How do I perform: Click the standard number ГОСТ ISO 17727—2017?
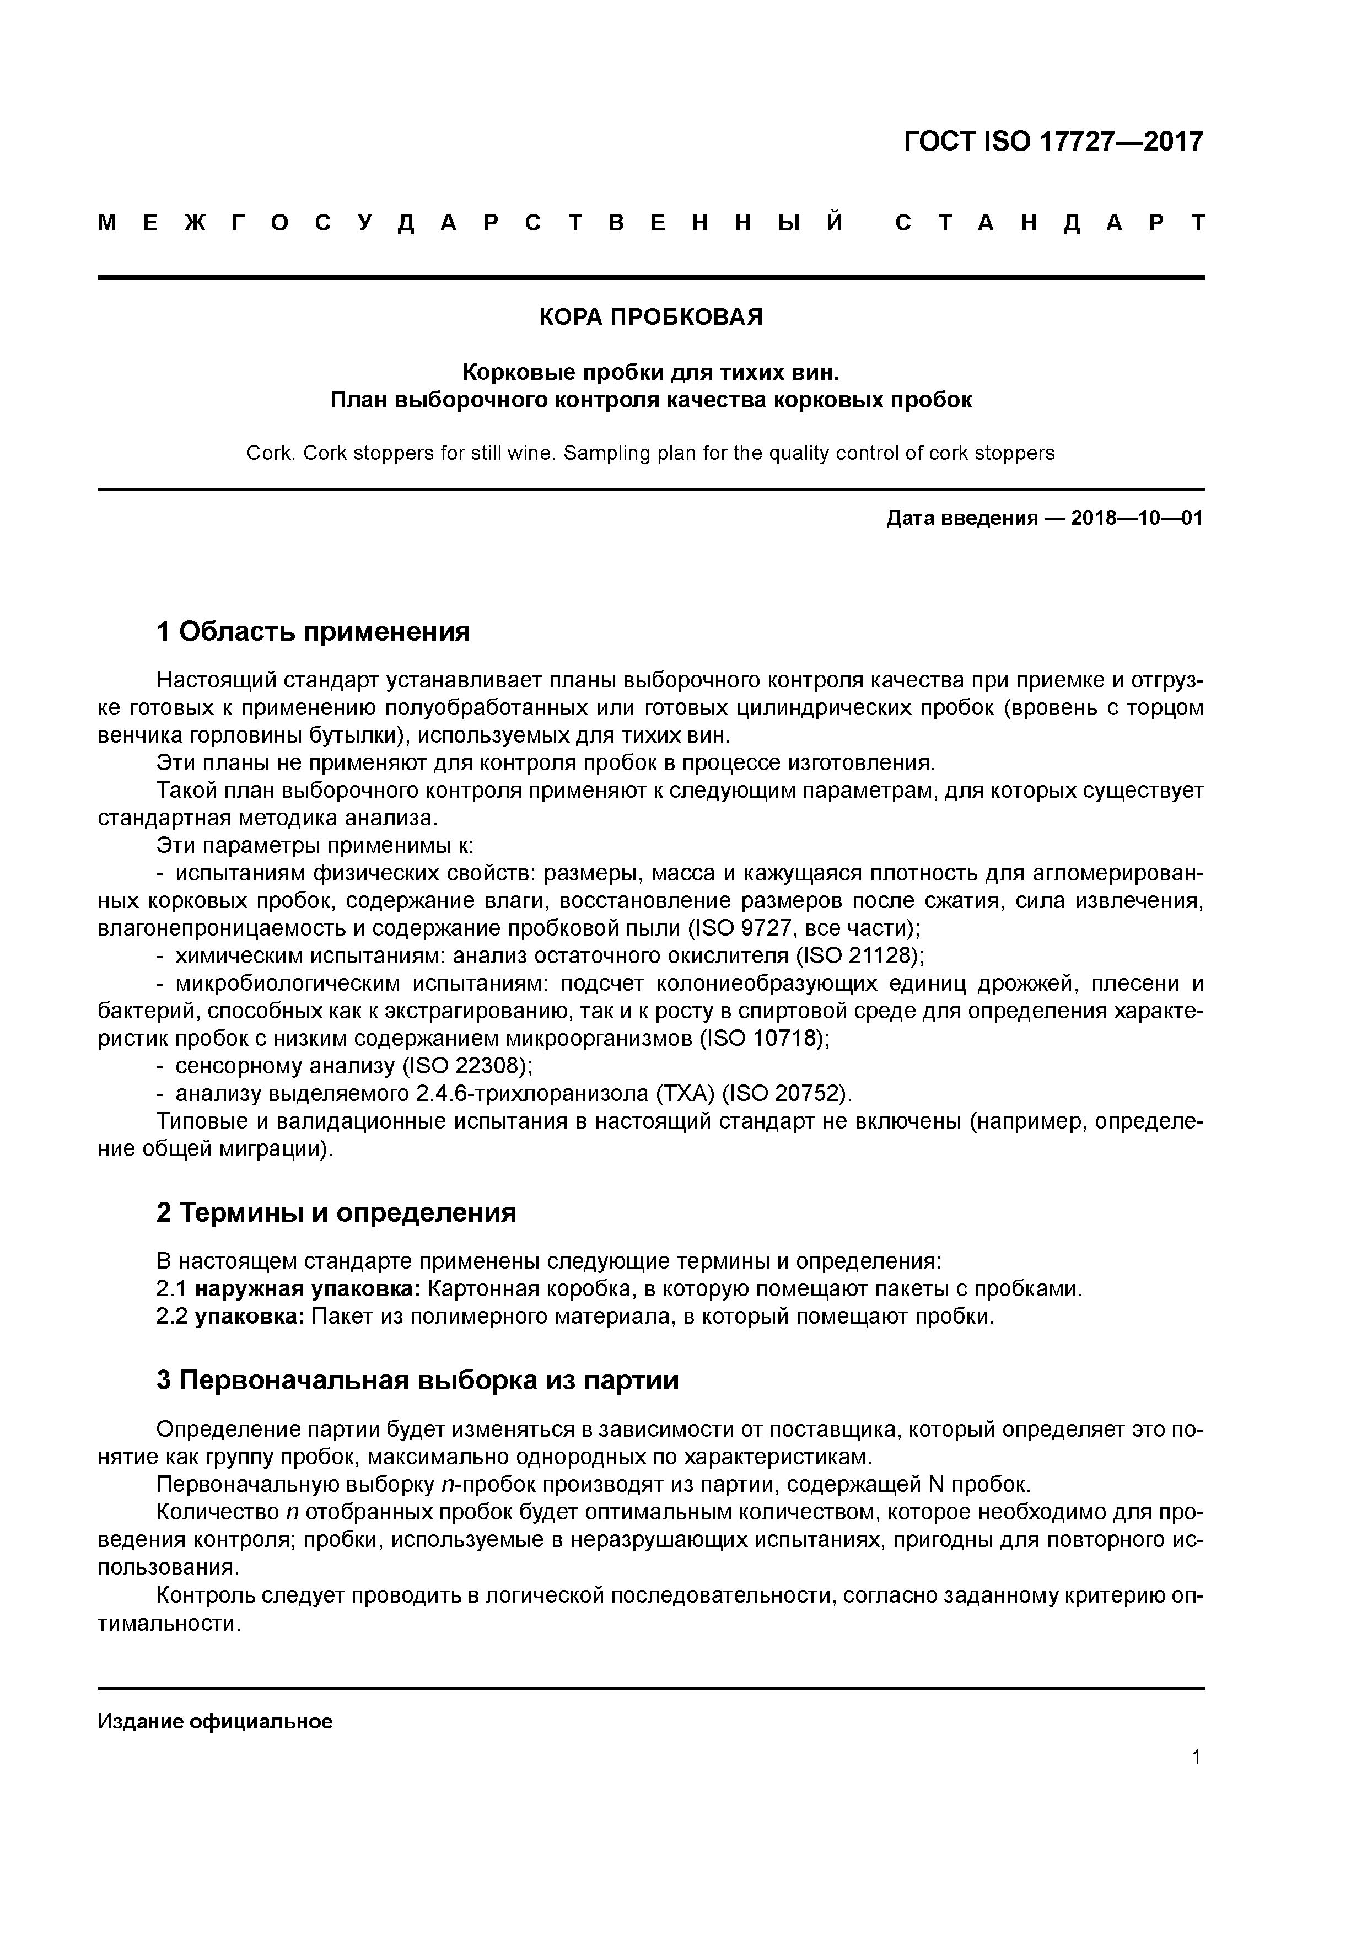pyautogui.click(x=1053, y=142)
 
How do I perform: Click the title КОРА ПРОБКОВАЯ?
pyautogui.click(x=650, y=318)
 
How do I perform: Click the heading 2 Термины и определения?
pyautogui.click(x=336, y=1213)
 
